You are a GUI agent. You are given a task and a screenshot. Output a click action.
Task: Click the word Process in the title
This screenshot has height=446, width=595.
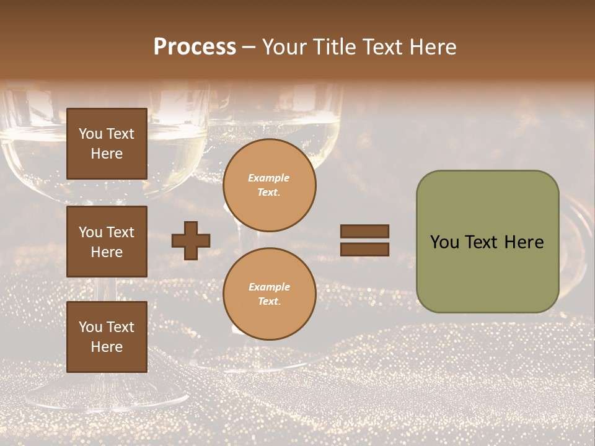(195, 47)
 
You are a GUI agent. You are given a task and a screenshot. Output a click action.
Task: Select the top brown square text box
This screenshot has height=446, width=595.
(107, 144)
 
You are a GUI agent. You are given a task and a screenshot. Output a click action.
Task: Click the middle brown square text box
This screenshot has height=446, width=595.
(107, 242)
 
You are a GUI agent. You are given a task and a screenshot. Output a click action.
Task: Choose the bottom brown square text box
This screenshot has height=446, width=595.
(107, 336)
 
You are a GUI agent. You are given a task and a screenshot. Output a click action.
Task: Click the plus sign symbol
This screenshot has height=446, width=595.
(191, 240)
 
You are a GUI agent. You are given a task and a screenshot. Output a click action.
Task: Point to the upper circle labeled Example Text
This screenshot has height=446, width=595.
(270, 185)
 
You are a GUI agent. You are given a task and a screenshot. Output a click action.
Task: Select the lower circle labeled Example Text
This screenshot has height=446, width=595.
(270, 294)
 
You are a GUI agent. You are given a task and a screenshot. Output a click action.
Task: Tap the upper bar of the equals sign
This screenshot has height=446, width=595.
(364, 231)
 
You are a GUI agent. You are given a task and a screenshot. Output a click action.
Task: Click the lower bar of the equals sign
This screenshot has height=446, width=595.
(364, 249)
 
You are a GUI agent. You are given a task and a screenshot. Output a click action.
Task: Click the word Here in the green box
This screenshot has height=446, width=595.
(524, 242)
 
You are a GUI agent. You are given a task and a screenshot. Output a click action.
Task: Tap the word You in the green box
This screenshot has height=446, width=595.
(444, 242)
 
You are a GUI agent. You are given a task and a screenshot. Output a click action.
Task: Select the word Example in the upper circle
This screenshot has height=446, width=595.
(269, 178)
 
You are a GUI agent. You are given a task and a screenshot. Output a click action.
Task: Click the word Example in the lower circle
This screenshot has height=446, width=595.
(269, 287)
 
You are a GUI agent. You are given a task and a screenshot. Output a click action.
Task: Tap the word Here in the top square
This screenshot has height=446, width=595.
(107, 154)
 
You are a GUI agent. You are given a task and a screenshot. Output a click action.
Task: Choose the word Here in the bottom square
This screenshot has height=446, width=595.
(107, 347)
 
